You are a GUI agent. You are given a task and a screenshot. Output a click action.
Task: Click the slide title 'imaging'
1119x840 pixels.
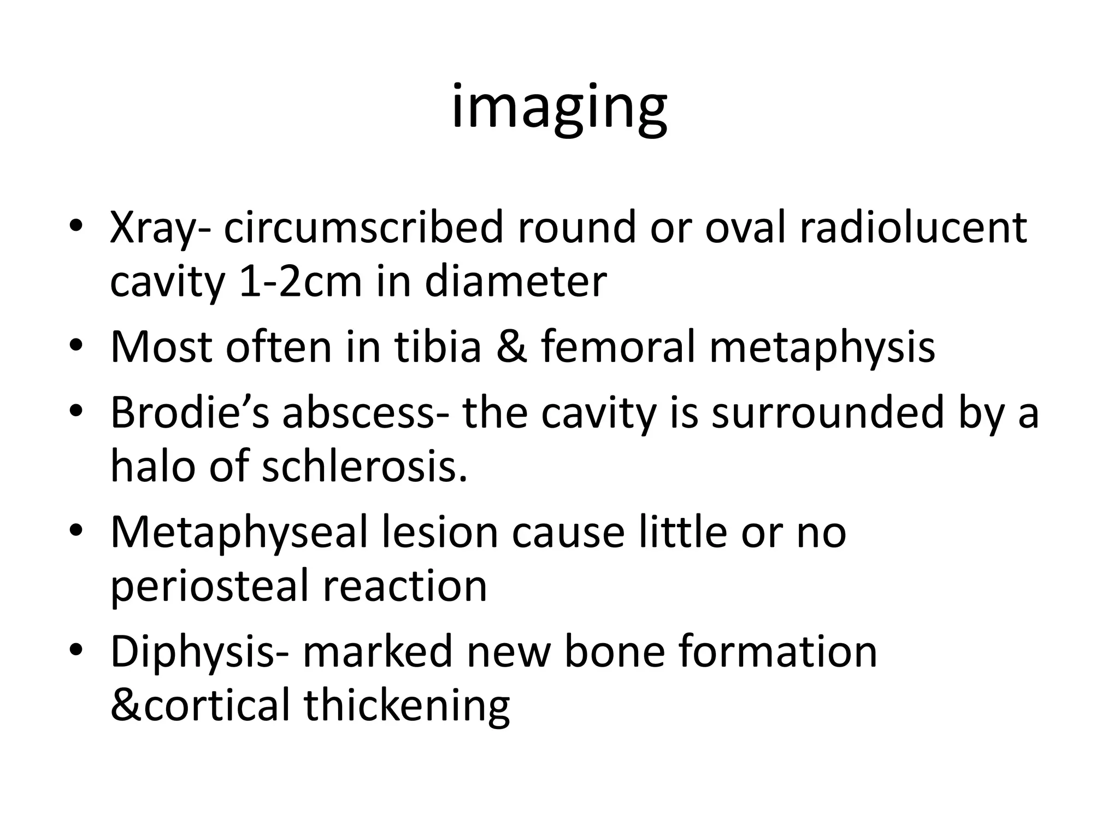coord(559,107)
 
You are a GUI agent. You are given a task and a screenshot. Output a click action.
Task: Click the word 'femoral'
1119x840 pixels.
coord(618,347)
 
